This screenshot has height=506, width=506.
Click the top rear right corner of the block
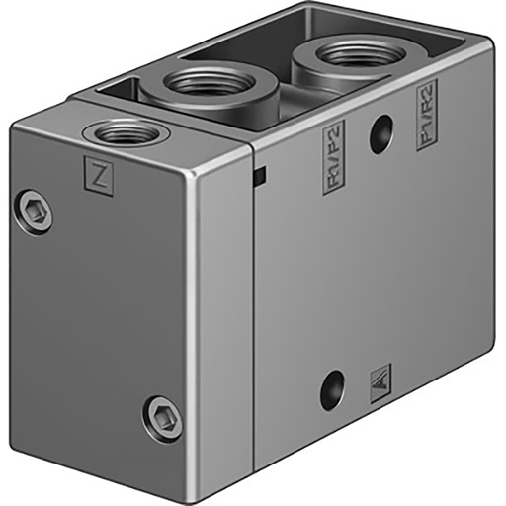click(490, 44)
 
